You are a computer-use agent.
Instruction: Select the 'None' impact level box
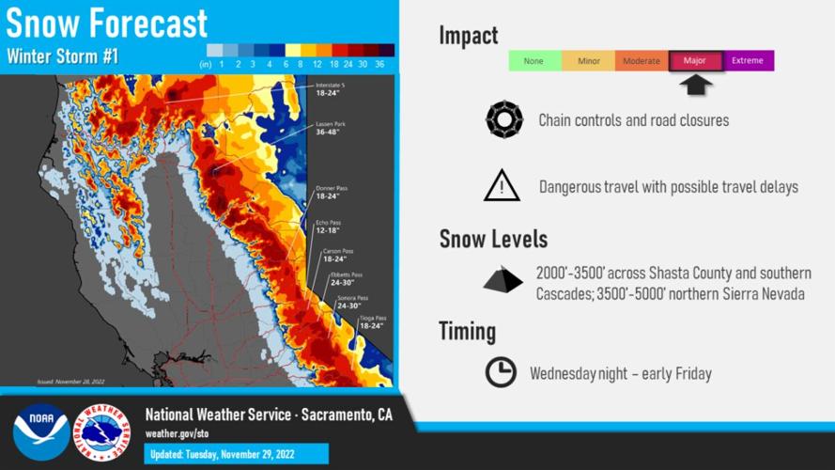533,61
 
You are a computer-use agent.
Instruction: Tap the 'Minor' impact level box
588,61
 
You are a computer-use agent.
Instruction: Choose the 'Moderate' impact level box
642,61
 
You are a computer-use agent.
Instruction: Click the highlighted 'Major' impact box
695,61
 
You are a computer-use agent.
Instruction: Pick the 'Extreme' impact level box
748,61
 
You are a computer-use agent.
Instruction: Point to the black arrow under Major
695,85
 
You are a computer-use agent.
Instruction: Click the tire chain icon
503,120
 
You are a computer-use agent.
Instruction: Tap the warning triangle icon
502,186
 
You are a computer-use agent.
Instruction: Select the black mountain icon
503,281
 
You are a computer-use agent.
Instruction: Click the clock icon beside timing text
501,372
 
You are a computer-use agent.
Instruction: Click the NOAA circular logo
40,431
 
